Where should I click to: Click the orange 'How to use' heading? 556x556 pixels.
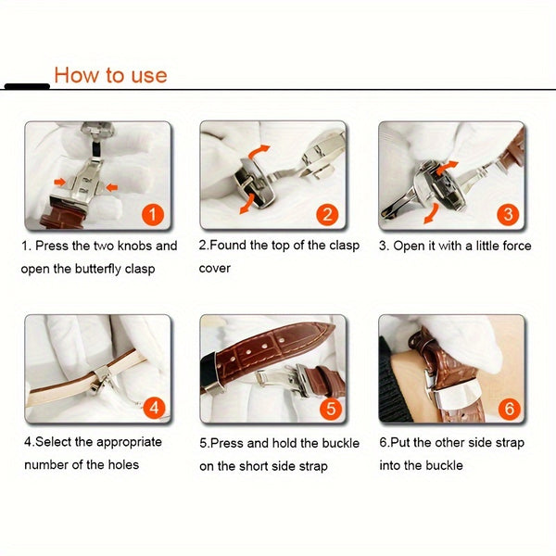(110, 75)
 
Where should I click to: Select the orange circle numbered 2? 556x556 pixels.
(327, 215)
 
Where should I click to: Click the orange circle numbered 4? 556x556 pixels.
(155, 408)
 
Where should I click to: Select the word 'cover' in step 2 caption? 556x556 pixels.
(214, 269)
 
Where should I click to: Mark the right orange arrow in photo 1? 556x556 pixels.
(110, 187)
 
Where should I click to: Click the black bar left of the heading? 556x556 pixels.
(27, 86)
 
